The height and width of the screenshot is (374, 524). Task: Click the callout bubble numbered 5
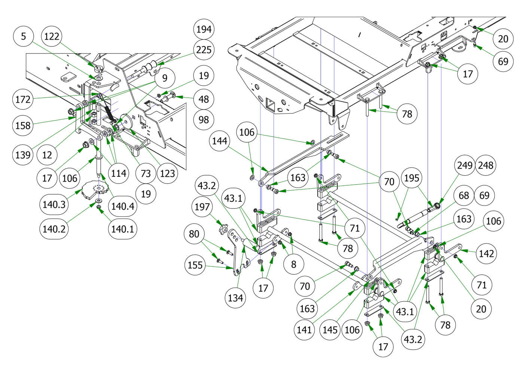click(24, 36)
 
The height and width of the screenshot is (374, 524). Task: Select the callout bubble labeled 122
click(51, 36)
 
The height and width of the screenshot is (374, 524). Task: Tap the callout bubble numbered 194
click(204, 29)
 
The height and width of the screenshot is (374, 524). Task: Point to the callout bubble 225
click(204, 49)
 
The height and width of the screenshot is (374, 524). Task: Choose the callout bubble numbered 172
click(23, 100)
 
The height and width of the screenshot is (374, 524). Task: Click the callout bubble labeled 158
click(23, 125)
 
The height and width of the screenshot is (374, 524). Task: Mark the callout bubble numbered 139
click(23, 154)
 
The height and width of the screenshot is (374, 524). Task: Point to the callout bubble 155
click(195, 265)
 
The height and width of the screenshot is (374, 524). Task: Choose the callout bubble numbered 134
click(235, 298)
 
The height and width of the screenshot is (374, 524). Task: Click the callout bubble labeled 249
click(465, 165)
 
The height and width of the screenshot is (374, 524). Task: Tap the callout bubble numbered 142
click(486, 253)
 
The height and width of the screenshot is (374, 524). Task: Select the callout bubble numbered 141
click(304, 329)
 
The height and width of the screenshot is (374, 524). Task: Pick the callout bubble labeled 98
click(204, 120)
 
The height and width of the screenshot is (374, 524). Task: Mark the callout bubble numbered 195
click(412, 178)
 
